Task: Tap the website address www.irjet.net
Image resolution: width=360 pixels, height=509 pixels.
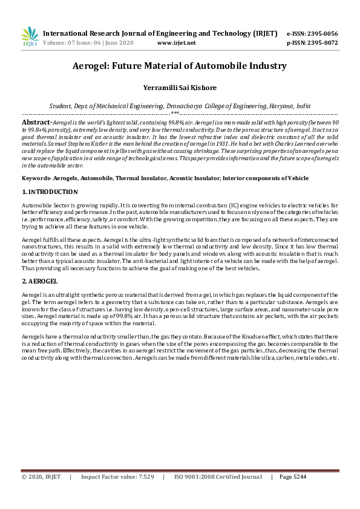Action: [x=176, y=43]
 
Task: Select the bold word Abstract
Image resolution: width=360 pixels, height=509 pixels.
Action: [x=36, y=122]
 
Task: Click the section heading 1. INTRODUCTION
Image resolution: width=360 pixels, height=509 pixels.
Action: [x=50, y=192]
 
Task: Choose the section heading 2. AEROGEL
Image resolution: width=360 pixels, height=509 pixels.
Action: [x=39, y=282]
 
